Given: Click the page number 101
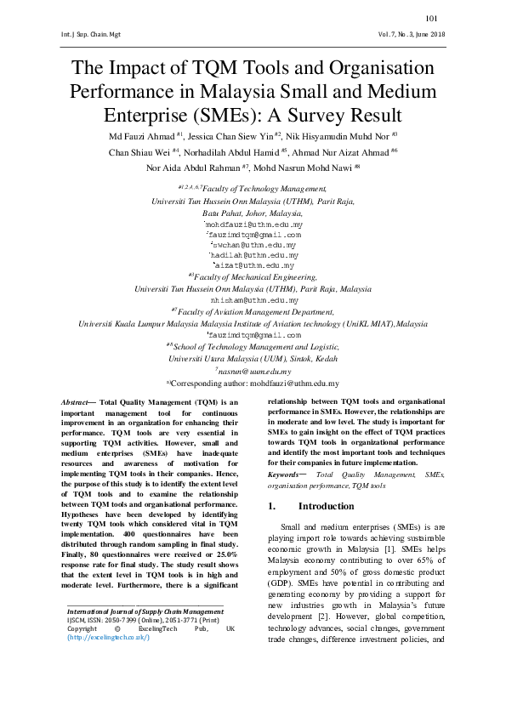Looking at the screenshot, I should [x=430, y=18].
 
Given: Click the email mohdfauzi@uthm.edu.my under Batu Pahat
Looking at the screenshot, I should [x=254, y=224].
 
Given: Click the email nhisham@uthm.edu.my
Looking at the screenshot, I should [x=253, y=300].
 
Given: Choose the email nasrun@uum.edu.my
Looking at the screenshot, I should [x=254, y=371].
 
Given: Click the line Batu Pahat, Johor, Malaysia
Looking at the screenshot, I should [x=253, y=213].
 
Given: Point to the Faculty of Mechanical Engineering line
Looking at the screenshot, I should [x=253, y=276].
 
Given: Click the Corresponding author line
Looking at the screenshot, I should [x=253, y=384].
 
